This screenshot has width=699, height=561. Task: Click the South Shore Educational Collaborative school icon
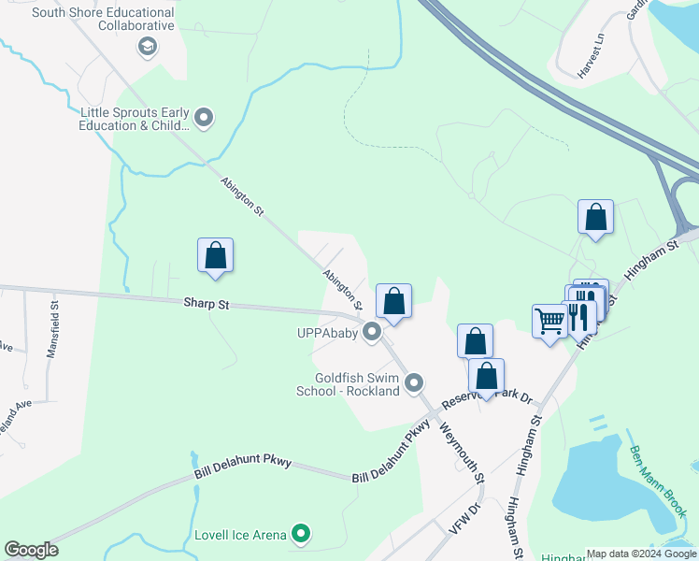tap(148, 47)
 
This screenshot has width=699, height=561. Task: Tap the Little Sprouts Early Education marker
tap(204, 119)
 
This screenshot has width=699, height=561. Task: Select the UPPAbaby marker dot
tap(372, 332)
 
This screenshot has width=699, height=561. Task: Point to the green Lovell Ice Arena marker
tap(300, 535)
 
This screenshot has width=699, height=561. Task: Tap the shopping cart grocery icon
tap(549, 322)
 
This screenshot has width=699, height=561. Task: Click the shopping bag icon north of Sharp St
tap(215, 255)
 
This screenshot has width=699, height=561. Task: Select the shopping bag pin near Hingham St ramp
tap(595, 218)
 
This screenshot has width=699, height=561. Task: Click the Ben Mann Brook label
tap(658, 481)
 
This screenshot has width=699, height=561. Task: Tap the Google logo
tap(32, 550)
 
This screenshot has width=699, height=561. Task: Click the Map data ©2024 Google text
tap(641, 554)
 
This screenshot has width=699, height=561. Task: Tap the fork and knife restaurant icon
tap(580, 315)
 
